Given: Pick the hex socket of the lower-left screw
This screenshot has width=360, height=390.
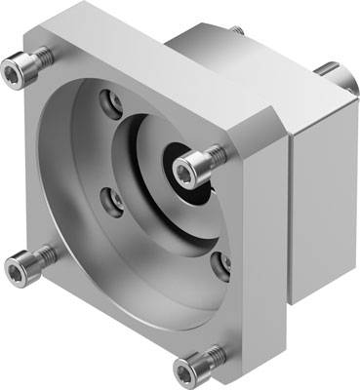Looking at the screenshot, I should point(19,260).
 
